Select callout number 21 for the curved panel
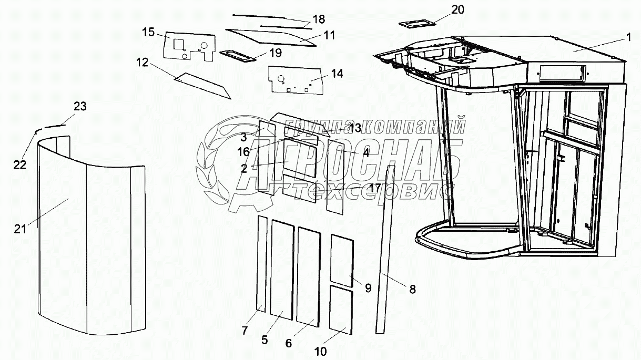(19, 228)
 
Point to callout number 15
(148, 33)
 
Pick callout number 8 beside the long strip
(412, 289)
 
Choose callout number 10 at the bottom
(320, 351)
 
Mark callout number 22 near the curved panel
(19, 164)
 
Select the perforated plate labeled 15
(189, 46)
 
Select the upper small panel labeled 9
(341, 260)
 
